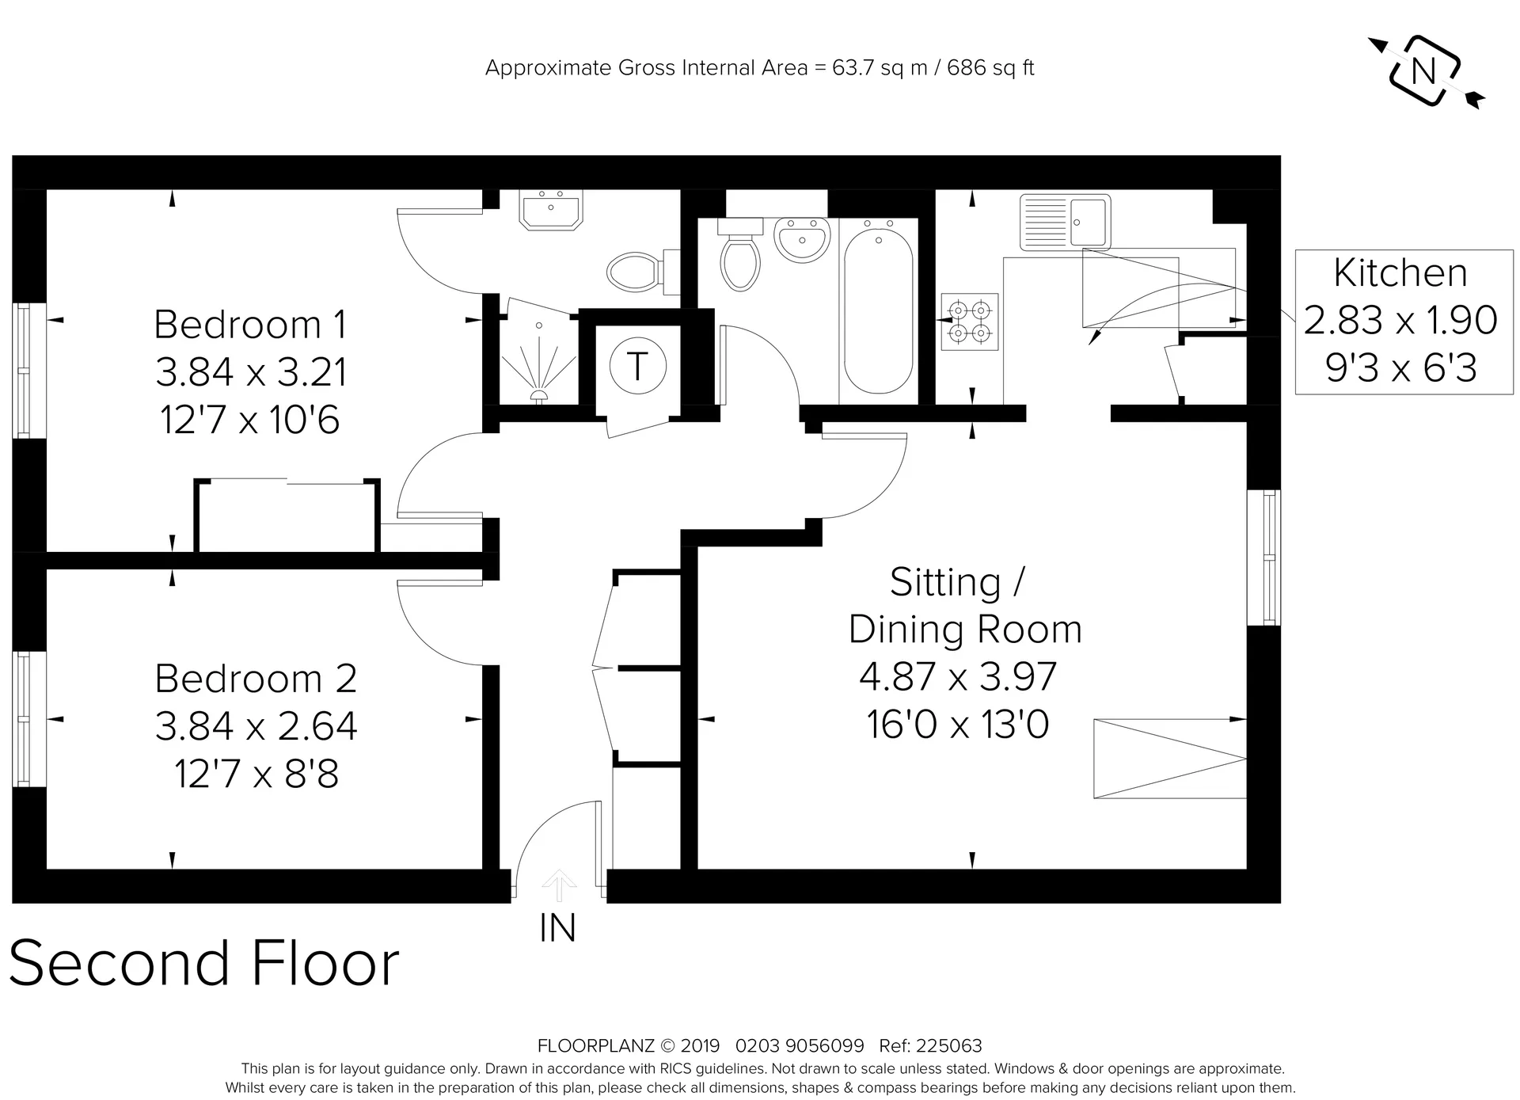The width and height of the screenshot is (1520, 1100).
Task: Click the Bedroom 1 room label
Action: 250,325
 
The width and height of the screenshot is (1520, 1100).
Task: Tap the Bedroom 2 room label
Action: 256,679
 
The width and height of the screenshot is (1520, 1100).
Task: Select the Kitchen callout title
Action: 1400,273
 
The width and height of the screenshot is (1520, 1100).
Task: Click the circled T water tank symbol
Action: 637,367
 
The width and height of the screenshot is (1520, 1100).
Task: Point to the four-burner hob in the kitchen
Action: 970,322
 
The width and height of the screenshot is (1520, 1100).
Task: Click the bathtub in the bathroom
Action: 879,310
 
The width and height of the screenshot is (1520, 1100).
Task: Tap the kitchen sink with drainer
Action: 1065,222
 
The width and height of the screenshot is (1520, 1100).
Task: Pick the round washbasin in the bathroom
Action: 803,239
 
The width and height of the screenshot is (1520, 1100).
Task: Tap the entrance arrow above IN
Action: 560,885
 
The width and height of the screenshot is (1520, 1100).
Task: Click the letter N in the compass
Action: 1424,72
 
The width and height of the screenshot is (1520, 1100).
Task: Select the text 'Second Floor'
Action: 204,964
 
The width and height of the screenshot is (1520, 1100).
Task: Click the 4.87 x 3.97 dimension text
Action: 958,676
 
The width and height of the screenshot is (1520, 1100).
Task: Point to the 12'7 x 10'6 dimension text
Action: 250,420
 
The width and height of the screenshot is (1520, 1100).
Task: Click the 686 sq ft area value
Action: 990,68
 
